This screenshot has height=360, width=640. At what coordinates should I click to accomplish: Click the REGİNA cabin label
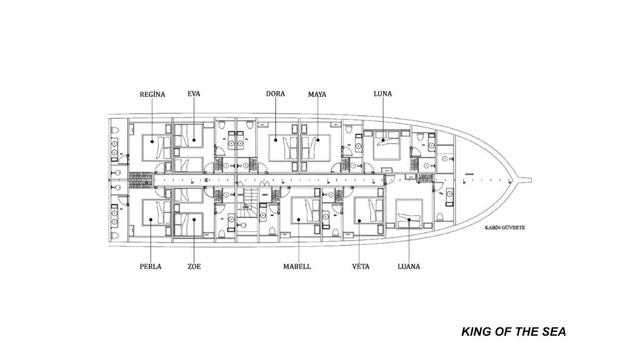(152, 94)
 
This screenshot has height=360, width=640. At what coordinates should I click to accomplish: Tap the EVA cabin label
(194, 94)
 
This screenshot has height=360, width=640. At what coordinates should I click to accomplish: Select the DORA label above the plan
(276, 94)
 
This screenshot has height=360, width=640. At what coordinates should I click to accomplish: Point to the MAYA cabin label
(317, 94)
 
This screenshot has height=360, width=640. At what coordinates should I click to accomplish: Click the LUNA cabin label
(382, 94)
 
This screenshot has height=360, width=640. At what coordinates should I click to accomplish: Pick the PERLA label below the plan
(151, 266)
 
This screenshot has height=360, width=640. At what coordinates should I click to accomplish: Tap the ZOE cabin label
(194, 266)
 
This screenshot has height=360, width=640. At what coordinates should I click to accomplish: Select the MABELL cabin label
(297, 266)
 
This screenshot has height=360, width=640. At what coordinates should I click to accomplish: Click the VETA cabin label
(361, 266)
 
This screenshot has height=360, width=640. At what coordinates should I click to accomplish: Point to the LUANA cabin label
(408, 266)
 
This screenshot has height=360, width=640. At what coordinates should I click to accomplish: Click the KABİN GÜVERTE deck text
(504, 227)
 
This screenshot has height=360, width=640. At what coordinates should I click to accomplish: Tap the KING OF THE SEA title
(514, 331)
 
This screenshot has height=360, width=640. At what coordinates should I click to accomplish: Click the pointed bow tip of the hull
(532, 181)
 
